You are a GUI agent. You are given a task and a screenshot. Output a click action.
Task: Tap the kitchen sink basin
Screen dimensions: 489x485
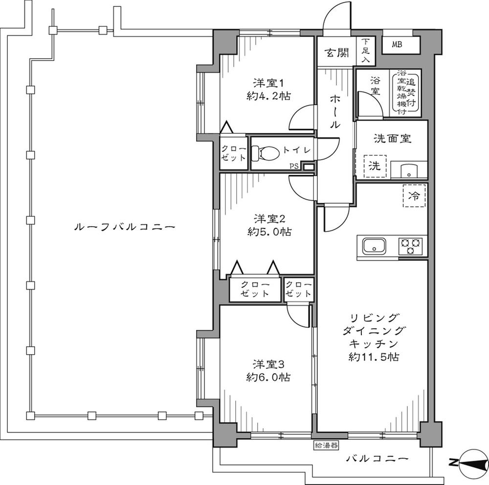pyautogui.click(x=374, y=245)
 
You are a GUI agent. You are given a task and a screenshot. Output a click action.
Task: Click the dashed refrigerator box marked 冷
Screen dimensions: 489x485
pyautogui.click(x=414, y=196)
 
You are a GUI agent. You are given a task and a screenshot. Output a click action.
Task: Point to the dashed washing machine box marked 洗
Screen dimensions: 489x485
pyautogui.click(x=375, y=166)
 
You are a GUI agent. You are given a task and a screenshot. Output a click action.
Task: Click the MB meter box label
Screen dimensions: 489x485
pyautogui.click(x=397, y=44)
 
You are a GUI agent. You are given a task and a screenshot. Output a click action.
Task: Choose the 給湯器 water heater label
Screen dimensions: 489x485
pyautogui.click(x=326, y=445)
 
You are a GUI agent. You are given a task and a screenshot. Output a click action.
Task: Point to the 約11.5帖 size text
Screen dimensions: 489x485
pyautogui.click(x=374, y=357)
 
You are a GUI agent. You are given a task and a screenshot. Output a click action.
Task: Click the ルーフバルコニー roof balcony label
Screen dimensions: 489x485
pyautogui.click(x=124, y=227)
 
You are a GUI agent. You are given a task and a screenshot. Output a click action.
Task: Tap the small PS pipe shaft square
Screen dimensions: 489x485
pyautogui.click(x=309, y=167)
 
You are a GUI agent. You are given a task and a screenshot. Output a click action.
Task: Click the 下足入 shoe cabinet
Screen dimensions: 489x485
pyautogui.click(x=366, y=51)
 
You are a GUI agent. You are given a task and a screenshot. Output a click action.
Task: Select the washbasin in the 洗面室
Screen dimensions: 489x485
pyautogui.click(x=409, y=170)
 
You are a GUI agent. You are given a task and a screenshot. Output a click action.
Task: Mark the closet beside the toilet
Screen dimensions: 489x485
pyautogui.click(x=234, y=153)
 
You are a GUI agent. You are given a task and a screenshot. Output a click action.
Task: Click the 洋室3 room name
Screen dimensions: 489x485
pyautogui.click(x=268, y=364)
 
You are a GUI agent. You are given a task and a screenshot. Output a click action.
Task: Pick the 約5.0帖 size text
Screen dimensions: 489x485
pyautogui.click(x=269, y=232)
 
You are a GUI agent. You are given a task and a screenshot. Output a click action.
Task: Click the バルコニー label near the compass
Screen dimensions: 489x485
pyautogui.click(x=378, y=459)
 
